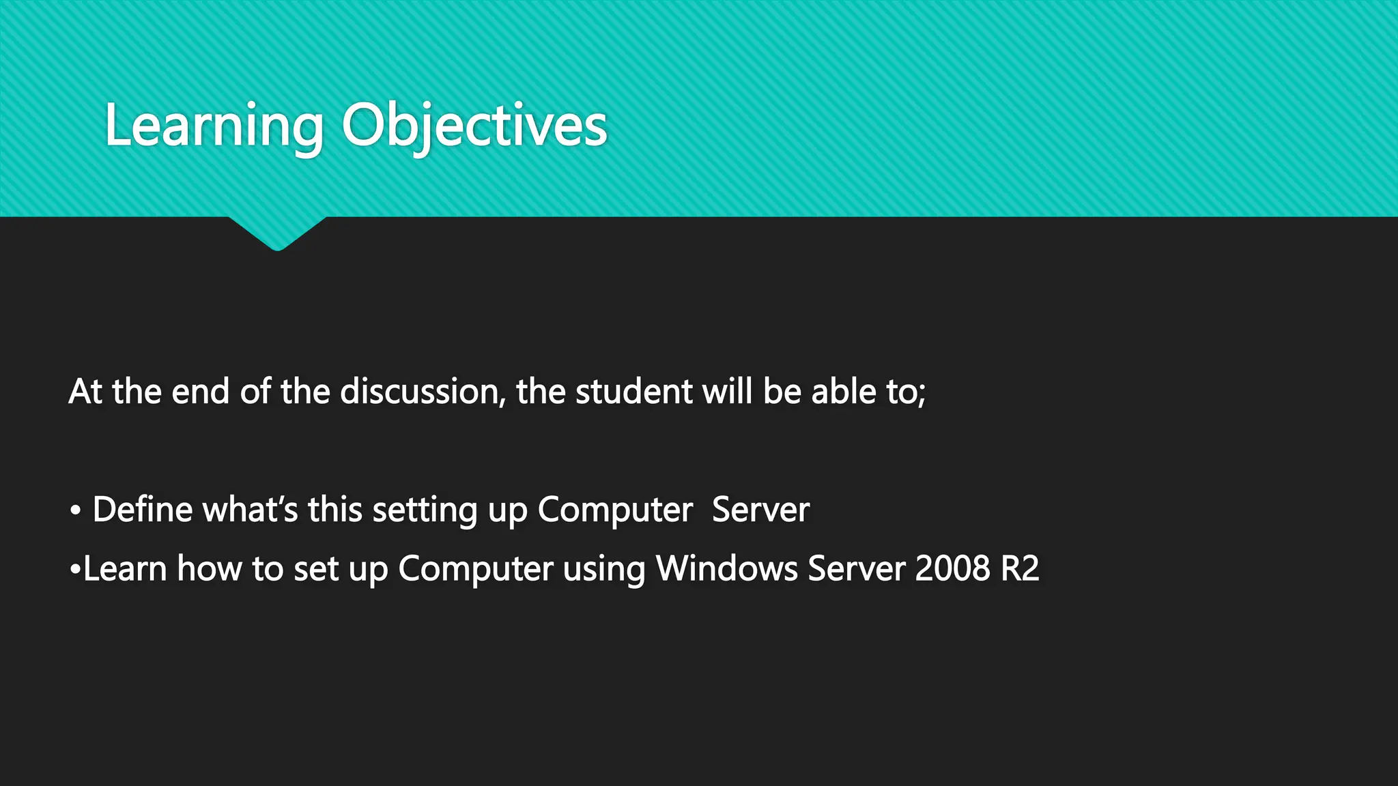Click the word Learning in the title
coord(214,127)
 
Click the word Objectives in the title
coord(474,127)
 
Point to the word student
coord(634,392)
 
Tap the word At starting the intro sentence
coord(85,392)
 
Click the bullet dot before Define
coord(76,511)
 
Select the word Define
coord(143,510)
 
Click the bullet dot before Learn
coord(75,569)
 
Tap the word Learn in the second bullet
coord(125,568)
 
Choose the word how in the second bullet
coord(209,568)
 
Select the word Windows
coord(726,568)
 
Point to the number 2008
coord(952,568)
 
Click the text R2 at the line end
coord(1020,568)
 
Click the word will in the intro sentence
coord(728,392)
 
